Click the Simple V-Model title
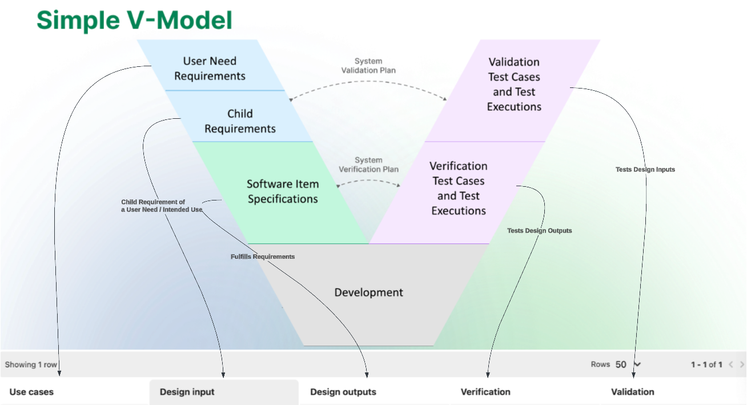pyautogui.click(x=134, y=20)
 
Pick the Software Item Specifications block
pyautogui.click(x=282, y=193)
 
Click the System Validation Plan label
pyautogui.click(x=368, y=66)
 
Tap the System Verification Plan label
pyautogui.click(x=368, y=165)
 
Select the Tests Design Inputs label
pyautogui.click(x=645, y=170)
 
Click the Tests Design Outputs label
pyautogui.click(x=539, y=231)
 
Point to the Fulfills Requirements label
pyautogui.click(x=263, y=256)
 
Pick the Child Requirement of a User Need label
pyautogui.click(x=162, y=206)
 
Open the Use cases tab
pyautogui.click(x=31, y=392)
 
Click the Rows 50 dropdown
pyautogui.click(x=628, y=364)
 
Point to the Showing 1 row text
pyautogui.click(x=31, y=364)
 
